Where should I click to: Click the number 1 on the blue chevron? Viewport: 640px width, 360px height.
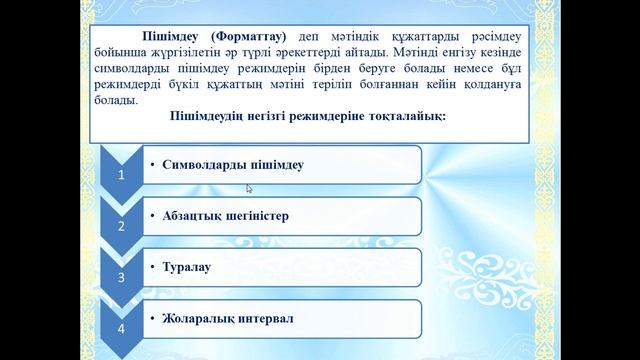122,174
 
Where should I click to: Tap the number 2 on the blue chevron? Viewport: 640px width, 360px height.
122,226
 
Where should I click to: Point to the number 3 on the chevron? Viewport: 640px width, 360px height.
122,277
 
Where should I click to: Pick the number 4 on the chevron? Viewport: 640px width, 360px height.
122,328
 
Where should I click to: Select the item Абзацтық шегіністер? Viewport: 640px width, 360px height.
225,215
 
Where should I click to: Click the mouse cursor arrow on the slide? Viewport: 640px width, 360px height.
249,187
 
